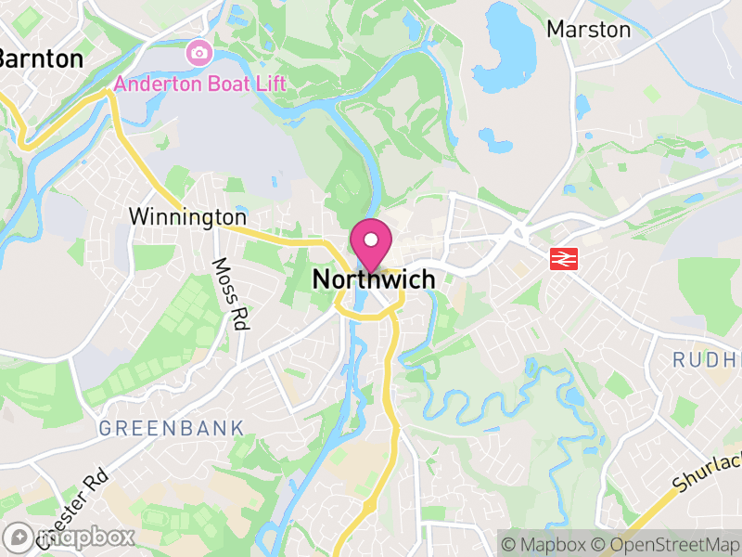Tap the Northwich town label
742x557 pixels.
coord(374,278)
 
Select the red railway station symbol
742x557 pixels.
coord(562,259)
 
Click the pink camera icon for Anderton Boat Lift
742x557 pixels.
coord(198,53)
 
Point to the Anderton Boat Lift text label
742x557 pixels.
coord(199,84)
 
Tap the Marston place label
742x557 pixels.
coord(588,30)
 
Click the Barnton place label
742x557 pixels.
coord(39,59)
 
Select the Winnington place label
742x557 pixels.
coord(187,217)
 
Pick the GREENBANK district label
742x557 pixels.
coord(171,429)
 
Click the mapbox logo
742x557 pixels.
coord(69,537)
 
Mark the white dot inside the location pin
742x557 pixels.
coord(371,241)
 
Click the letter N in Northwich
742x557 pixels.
coord(321,278)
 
